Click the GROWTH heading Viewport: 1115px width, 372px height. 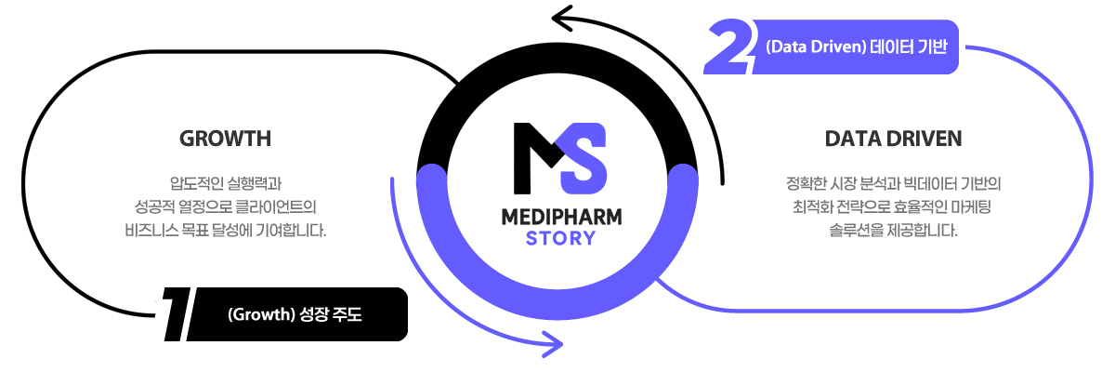(x=225, y=139)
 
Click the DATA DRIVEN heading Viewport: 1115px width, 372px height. (x=893, y=139)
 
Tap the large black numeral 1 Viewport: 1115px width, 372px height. (x=174, y=312)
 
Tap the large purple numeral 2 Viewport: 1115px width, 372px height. (x=728, y=48)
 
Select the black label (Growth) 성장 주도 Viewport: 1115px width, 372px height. (x=295, y=314)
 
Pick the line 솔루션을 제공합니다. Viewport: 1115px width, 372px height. (x=893, y=227)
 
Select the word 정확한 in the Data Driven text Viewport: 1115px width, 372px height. (x=806, y=182)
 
